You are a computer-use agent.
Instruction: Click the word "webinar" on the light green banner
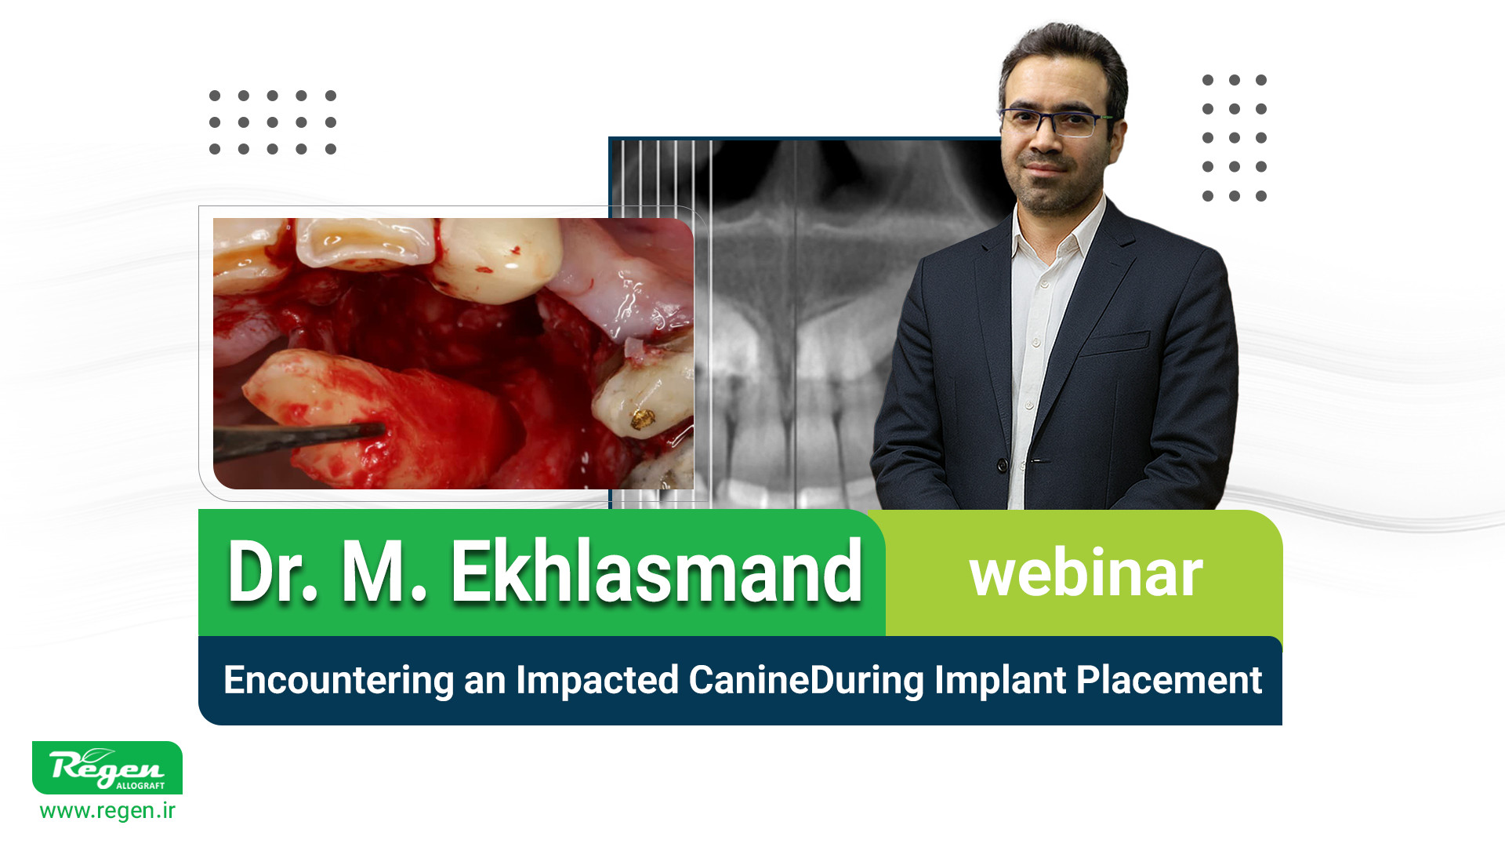[x=1086, y=574]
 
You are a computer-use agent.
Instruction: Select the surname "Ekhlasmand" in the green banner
[x=656, y=572]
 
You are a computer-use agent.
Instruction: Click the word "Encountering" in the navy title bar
[x=339, y=680]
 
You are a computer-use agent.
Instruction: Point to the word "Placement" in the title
[x=1169, y=679]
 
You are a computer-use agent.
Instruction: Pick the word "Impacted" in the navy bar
[x=597, y=680]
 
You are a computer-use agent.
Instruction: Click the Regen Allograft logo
[x=107, y=768]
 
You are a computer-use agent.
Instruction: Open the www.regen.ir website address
[x=107, y=811]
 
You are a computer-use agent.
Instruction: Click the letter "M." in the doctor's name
[x=384, y=572]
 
